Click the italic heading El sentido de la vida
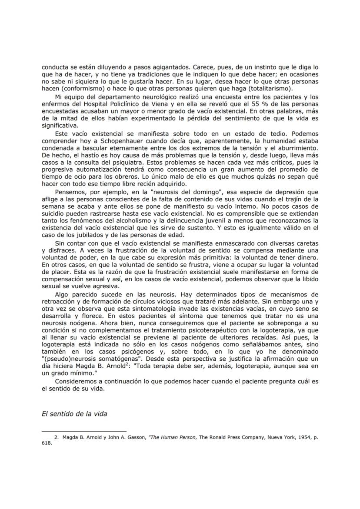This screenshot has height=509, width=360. click(74, 413)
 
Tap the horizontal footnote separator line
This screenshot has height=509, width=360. click(83, 431)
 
